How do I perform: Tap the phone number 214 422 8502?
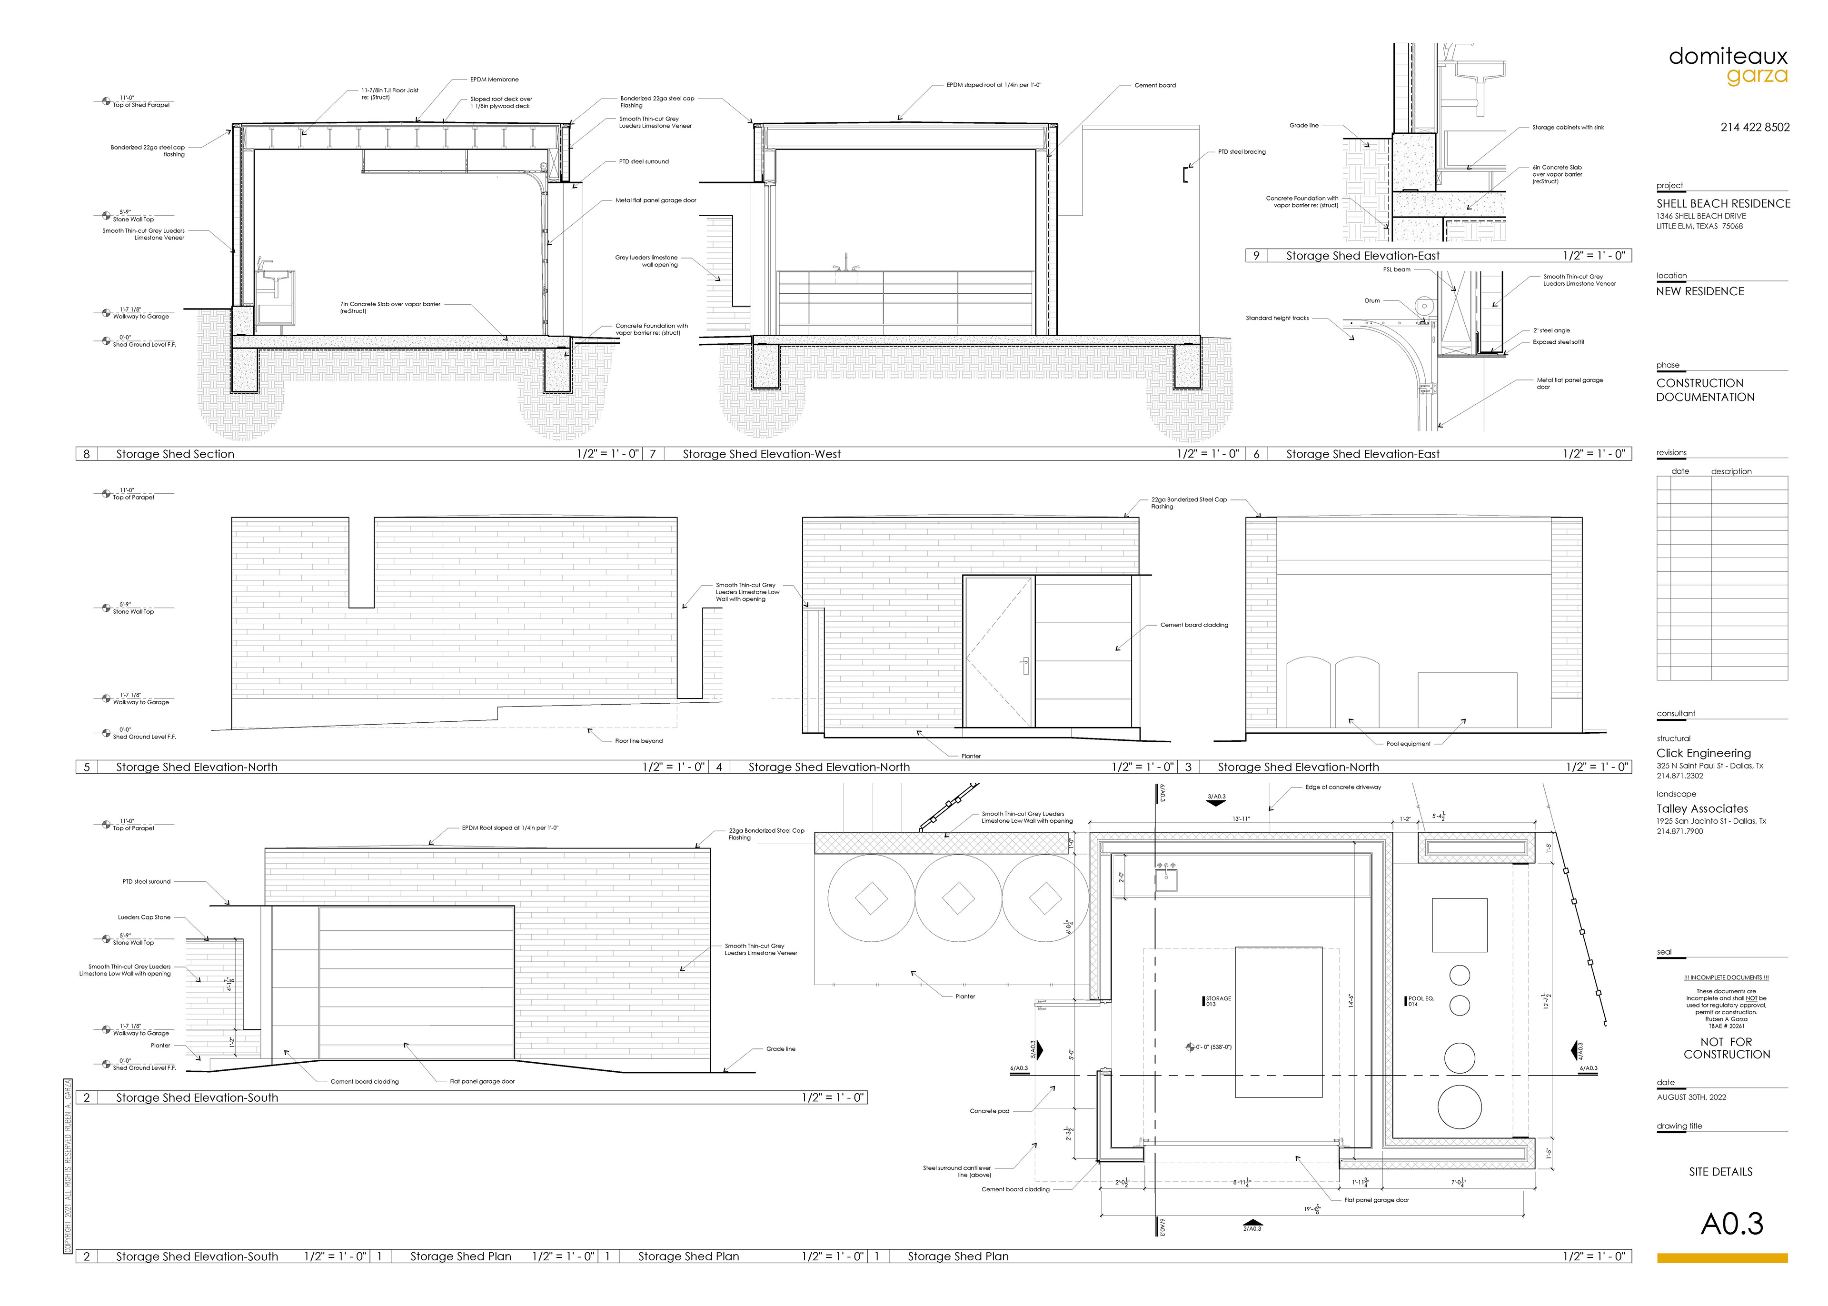coord(1755,127)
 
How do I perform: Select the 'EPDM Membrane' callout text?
coord(495,80)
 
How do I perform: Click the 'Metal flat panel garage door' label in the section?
coord(655,200)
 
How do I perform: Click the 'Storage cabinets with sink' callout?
coord(1568,127)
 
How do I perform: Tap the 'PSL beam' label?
coord(1396,269)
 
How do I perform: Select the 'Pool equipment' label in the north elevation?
coord(1409,744)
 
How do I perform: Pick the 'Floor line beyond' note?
coord(638,741)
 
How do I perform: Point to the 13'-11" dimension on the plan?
coord(1241,818)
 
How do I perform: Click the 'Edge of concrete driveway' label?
coord(1342,788)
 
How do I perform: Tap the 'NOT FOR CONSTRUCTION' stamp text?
coord(1726,1048)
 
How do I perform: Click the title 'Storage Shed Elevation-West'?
coord(761,454)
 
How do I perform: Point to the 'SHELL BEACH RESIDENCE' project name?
coord(1723,203)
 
